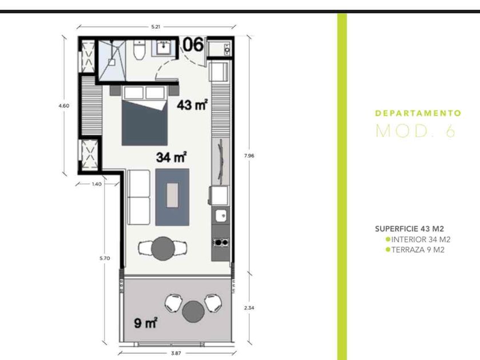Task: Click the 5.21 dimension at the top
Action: (x=155, y=27)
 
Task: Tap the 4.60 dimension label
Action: (x=63, y=106)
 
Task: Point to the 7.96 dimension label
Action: (x=249, y=155)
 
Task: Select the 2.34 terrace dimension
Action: (x=249, y=307)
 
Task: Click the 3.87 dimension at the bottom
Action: (x=176, y=353)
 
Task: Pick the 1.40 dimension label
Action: (x=97, y=184)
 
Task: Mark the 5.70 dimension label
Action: (x=105, y=258)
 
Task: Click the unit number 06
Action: (x=193, y=45)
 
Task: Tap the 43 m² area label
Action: (x=192, y=105)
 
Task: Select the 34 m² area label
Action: (x=171, y=157)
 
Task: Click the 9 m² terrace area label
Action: (x=146, y=323)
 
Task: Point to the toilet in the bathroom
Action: (x=139, y=50)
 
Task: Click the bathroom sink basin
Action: (x=164, y=48)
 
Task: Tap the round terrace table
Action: (x=193, y=311)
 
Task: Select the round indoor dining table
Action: (x=163, y=248)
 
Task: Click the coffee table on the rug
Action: (x=173, y=195)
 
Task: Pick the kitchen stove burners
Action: (x=221, y=242)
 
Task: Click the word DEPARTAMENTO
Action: (x=418, y=113)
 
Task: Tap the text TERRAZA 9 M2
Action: (x=418, y=250)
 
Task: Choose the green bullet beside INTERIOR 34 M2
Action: (x=388, y=239)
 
